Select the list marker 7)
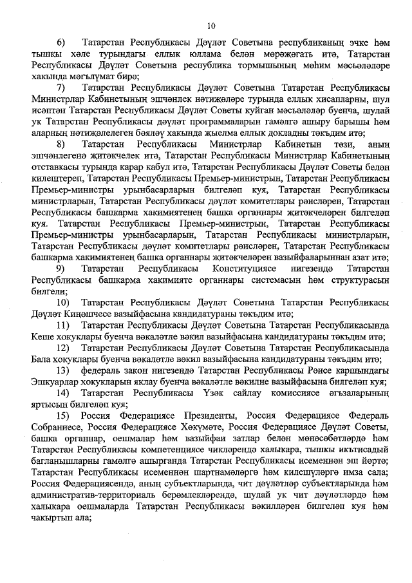tap(62, 87)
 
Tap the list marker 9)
tap(62, 267)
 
